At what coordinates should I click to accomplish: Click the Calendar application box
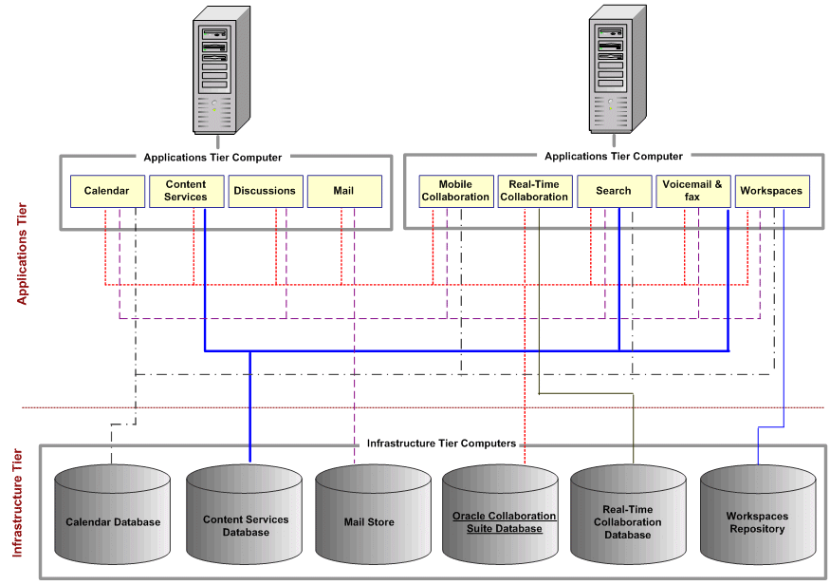point(106,191)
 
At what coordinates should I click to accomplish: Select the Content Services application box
point(186,191)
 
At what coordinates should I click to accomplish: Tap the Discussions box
point(265,191)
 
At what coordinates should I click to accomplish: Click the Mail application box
point(343,191)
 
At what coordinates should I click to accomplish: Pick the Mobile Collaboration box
point(455,191)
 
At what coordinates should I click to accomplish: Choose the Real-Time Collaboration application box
point(534,191)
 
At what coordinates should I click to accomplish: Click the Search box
point(613,191)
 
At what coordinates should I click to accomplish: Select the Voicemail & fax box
point(692,191)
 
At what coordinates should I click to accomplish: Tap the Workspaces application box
point(771,191)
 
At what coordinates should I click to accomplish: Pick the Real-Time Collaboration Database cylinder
point(627,521)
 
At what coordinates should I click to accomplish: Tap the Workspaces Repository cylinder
point(757,521)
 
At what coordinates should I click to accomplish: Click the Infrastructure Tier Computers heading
point(441,443)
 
